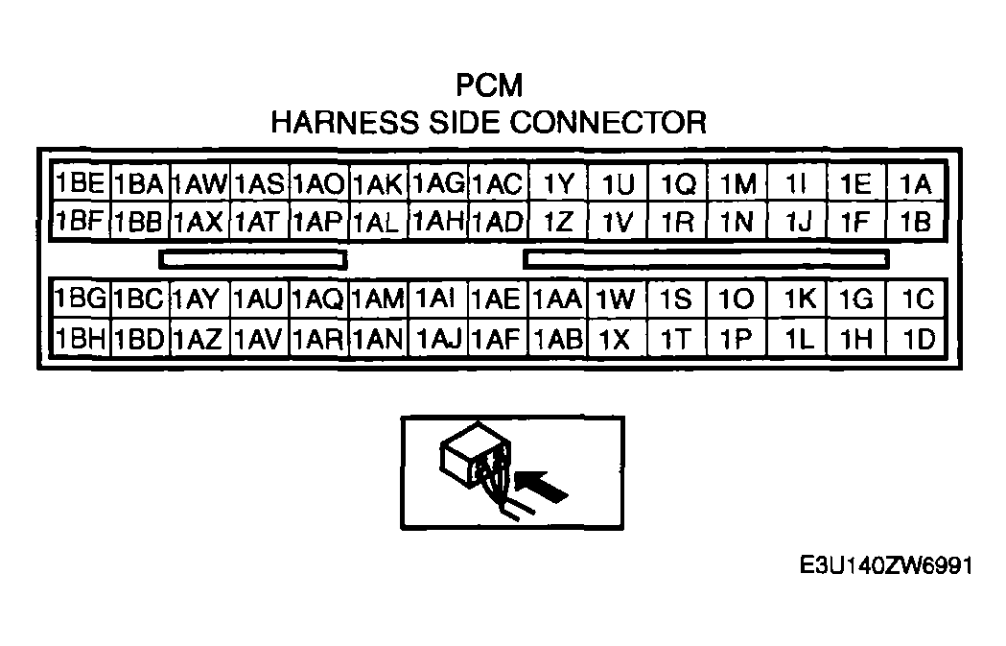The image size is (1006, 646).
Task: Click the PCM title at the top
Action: click(x=489, y=86)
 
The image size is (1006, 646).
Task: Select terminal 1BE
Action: click(x=80, y=183)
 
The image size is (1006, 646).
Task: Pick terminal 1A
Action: click(x=916, y=183)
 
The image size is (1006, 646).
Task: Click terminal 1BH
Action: click(x=80, y=338)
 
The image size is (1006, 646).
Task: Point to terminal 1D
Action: click(x=916, y=338)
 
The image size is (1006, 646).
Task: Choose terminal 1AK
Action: click(x=378, y=183)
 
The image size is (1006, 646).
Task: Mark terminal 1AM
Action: click(x=378, y=299)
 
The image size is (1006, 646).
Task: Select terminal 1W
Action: click(x=617, y=299)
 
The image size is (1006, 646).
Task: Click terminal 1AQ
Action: click(x=318, y=299)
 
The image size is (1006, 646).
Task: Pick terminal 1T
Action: click(x=676, y=338)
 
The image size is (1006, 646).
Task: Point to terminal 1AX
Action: click(x=199, y=222)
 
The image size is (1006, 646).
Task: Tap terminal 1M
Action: click(x=737, y=183)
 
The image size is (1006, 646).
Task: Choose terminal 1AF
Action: click(x=497, y=338)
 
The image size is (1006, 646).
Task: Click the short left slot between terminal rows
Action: click(x=253, y=259)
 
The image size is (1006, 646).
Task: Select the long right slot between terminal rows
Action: click(x=707, y=259)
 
